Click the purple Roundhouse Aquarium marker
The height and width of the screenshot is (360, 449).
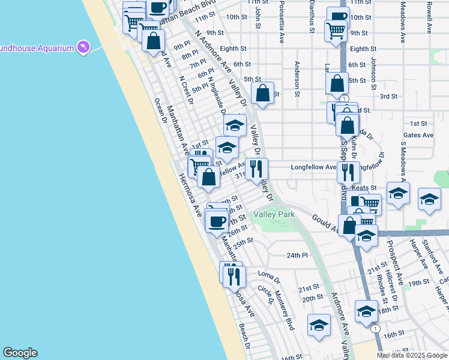point(83,47)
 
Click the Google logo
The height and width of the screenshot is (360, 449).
point(20,353)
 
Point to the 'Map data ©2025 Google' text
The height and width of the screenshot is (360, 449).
point(412,355)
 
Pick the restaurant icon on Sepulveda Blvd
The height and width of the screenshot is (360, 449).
point(348,172)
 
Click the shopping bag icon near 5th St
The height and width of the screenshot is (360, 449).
point(262,93)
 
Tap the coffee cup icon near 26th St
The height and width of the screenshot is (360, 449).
point(216,220)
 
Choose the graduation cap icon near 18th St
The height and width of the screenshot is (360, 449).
point(366,311)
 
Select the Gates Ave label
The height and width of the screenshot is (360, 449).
point(418,136)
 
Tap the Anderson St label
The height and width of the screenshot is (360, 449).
point(297,79)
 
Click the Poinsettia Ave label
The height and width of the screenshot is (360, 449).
point(282,22)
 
